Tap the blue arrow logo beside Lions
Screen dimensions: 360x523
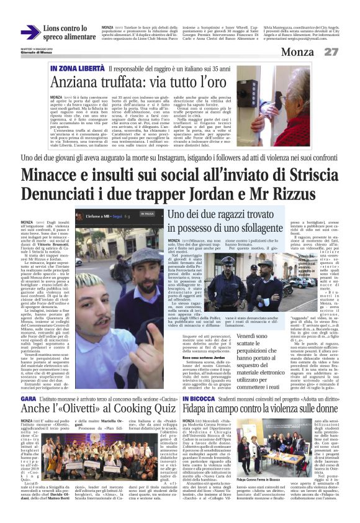30,32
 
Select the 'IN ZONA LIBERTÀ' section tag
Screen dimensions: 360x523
78,68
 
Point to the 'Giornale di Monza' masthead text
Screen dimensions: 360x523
37,53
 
